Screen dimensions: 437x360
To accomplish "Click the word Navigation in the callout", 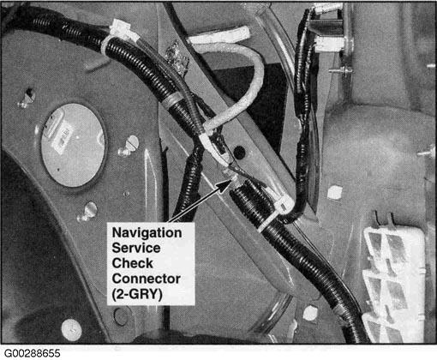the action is [x=147, y=233].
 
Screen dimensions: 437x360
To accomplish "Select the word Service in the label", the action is [x=136, y=248].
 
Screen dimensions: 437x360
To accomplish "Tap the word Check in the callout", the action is [x=133, y=263].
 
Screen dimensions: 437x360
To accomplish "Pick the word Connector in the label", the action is [x=146, y=279].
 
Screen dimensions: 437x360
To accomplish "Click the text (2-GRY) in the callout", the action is [x=137, y=294].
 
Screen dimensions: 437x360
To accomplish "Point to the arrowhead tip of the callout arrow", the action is [x=230, y=181].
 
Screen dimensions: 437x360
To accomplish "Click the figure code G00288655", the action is [x=33, y=353].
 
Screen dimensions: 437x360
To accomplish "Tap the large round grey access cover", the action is [x=73, y=145].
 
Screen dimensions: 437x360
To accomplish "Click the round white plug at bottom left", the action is [x=71, y=330].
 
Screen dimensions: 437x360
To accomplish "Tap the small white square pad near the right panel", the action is [x=335, y=192].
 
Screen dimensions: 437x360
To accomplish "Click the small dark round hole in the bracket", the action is [x=239, y=152].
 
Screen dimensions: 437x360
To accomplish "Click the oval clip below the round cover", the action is [x=87, y=212].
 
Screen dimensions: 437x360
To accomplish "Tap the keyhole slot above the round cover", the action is [x=28, y=97].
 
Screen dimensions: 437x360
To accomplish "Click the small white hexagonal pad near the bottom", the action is [x=310, y=313].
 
